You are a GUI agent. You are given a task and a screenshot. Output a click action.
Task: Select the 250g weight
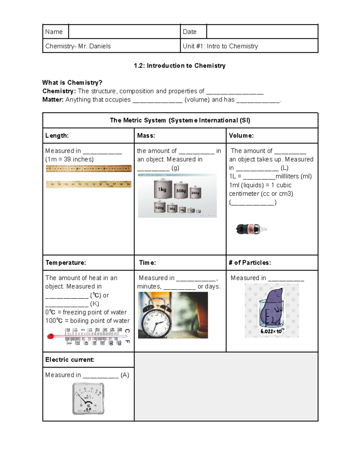tap(195, 193)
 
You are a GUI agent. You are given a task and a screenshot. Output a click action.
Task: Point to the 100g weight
tap(160, 207)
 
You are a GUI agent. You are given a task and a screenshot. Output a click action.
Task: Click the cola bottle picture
tap(251, 229)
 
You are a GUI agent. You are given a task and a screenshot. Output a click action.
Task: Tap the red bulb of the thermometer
tap(51, 336)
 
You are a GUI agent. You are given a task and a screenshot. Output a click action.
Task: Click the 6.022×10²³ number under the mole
tap(272, 331)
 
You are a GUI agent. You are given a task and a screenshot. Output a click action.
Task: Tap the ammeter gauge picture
tap(88, 398)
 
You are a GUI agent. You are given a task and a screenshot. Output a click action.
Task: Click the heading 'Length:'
tap(57, 136)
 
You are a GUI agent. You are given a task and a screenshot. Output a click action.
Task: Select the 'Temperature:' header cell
tap(66, 263)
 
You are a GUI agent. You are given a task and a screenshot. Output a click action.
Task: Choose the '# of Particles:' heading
tap(250, 263)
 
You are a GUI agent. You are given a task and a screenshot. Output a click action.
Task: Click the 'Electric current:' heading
tap(70, 359)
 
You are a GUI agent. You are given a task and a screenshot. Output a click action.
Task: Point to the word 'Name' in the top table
tap(54, 32)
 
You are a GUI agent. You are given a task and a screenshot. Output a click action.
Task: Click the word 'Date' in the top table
tap(190, 32)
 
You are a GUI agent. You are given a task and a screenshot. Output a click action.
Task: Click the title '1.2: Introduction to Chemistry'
tap(180, 66)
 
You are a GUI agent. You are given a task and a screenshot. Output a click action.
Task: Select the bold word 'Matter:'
tap(53, 100)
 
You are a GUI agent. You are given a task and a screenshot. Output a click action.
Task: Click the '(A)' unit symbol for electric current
tap(125, 375)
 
